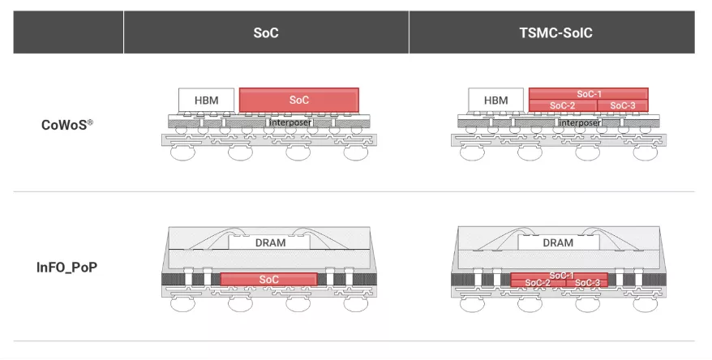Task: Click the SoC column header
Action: pyautogui.click(x=266, y=32)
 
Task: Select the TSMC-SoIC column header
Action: pyautogui.click(x=555, y=32)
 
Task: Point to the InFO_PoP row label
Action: pyautogui.click(x=66, y=267)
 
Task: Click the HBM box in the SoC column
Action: pyautogui.click(x=207, y=100)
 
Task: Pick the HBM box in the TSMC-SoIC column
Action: pyautogui.click(x=495, y=100)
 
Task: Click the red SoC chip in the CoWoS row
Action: pyautogui.click(x=298, y=100)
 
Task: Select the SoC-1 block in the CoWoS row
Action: pyautogui.click(x=589, y=93)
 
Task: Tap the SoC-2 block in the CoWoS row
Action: pyautogui.click(x=563, y=105)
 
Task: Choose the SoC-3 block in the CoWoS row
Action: pyautogui.click(x=623, y=105)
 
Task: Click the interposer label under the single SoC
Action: pyautogui.click(x=290, y=122)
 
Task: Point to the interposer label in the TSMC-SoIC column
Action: pyautogui.click(x=580, y=122)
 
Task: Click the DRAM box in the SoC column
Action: pyautogui.click(x=269, y=242)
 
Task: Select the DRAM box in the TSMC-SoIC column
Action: pyautogui.click(x=559, y=242)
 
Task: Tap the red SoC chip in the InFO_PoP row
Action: pyautogui.click(x=268, y=279)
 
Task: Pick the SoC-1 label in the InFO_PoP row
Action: pyautogui.click(x=561, y=276)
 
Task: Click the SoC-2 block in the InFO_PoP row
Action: pyautogui.click(x=538, y=283)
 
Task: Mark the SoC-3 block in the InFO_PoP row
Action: pyautogui.click(x=587, y=283)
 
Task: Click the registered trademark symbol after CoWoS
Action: pyautogui.click(x=90, y=122)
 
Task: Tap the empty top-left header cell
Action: pyautogui.click(x=68, y=32)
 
